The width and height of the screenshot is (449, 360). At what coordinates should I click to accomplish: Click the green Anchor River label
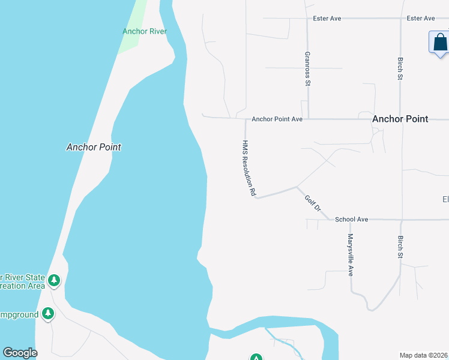tap(144, 31)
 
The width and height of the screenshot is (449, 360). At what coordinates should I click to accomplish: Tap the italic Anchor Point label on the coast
tap(94, 147)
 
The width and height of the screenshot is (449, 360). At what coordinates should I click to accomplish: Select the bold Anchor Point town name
tap(400, 119)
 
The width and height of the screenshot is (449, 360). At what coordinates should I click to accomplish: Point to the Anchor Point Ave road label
tap(277, 119)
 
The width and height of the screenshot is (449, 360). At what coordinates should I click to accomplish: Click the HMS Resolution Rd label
tap(249, 169)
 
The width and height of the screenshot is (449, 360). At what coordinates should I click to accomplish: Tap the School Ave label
tap(351, 220)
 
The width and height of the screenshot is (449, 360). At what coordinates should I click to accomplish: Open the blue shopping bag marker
tap(440, 43)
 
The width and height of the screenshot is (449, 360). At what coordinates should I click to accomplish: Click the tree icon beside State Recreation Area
tap(54, 280)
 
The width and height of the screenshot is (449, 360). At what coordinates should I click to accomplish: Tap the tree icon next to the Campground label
tap(48, 314)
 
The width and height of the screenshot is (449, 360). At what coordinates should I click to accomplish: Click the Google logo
tap(20, 353)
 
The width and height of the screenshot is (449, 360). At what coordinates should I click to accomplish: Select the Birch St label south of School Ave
tap(400, 247)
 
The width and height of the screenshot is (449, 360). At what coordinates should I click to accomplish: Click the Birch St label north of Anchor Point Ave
tap(400, 68)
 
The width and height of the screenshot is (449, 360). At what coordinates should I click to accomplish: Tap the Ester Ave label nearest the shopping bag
tap(420, 19)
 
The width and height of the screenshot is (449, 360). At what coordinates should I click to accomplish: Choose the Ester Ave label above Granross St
tap(327, 19)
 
